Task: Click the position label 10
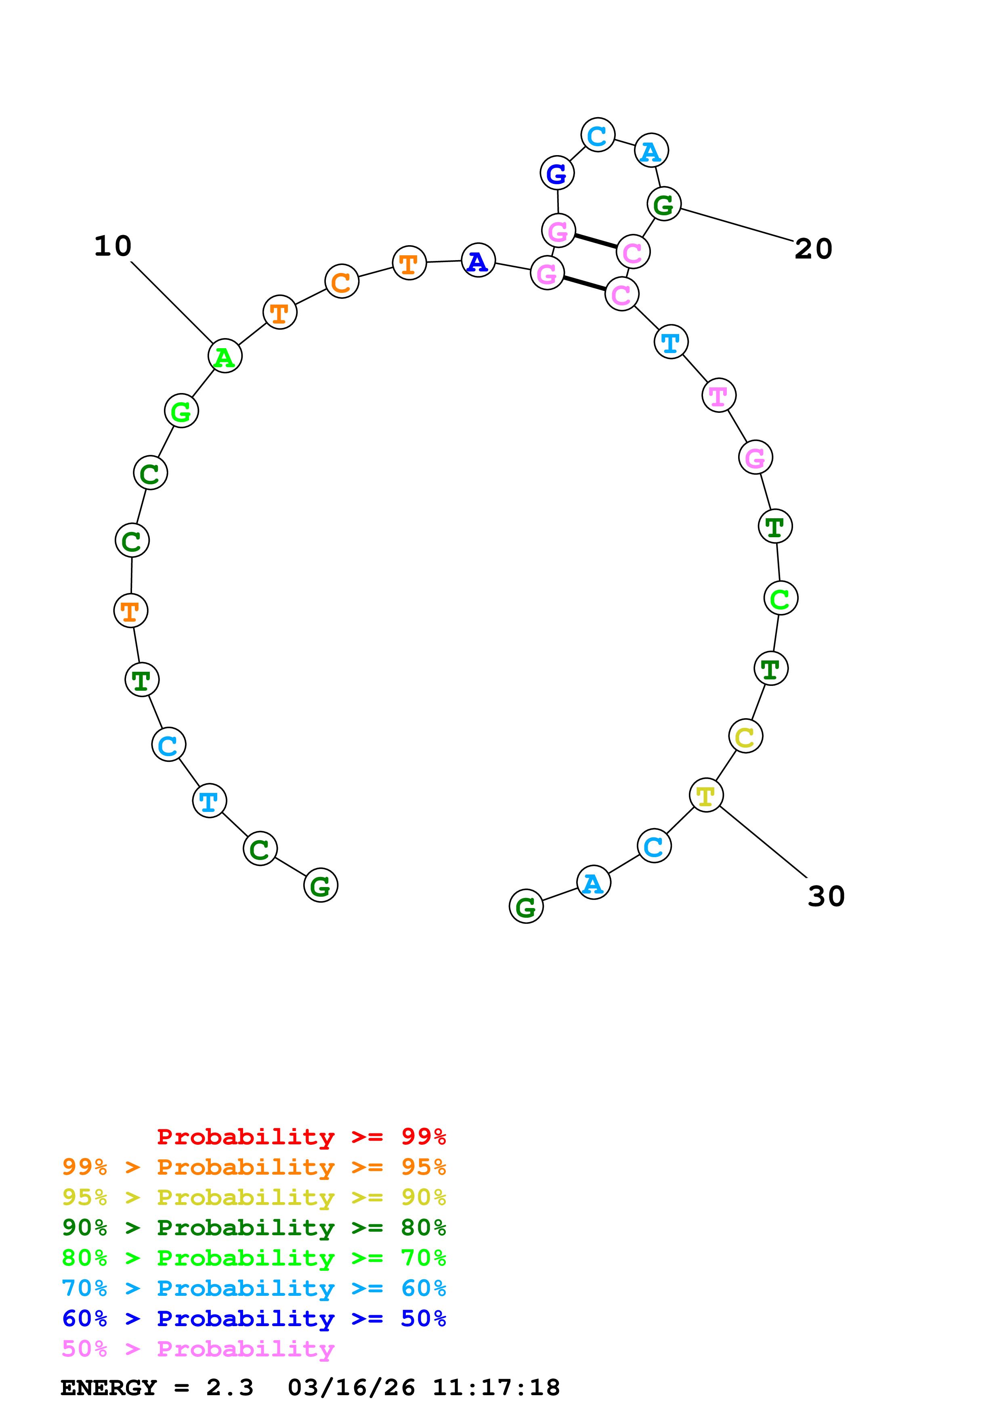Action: pos(113,246)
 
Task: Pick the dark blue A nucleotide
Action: pos(478,261)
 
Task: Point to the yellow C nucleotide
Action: pos(745,736)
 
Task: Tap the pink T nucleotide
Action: pos(718,395)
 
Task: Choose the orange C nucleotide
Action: pos(342,282)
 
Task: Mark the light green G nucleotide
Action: pos(181,411)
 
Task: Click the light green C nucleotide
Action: pos(780,598)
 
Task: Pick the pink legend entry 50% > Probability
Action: pos(198,1349)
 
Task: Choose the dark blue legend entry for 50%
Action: pos(254,1318)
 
